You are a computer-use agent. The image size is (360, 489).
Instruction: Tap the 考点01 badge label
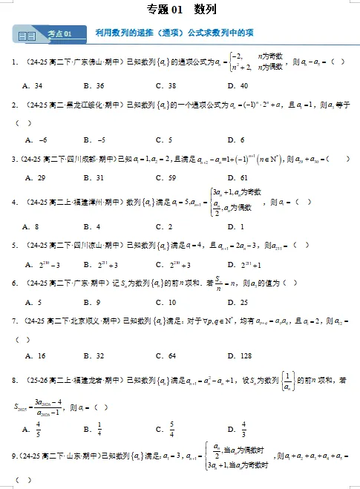[59, 34]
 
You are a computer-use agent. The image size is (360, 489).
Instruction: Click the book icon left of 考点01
[26, 35]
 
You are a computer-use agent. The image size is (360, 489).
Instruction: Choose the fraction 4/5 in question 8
[38, 429]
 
